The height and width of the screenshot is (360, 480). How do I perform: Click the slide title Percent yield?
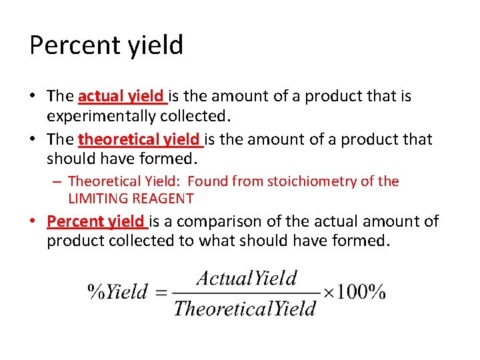(x=106, y=46)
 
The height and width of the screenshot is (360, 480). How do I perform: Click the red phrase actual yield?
(x=121, y=97)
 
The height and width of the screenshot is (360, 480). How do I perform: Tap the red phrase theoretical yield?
(x=139, y=140)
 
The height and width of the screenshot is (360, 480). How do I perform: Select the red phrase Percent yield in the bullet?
(x=96, y=221)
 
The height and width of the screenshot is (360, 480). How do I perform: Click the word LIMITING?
(x=97, y=199)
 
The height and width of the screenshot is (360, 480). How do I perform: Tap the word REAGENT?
(x=162, y=199)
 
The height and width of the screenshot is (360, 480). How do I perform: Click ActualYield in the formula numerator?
(x=247, y=278)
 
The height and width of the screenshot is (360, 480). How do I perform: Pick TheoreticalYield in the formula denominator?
(x=245, y=309)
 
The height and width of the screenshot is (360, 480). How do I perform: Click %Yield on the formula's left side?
(x=117, y=292)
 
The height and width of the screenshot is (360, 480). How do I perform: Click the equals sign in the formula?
(x=160, y=292)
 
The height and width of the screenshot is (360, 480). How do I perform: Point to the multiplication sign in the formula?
(x=327, y=292)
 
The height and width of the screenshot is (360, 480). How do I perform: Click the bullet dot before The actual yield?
(x=33, y=97)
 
